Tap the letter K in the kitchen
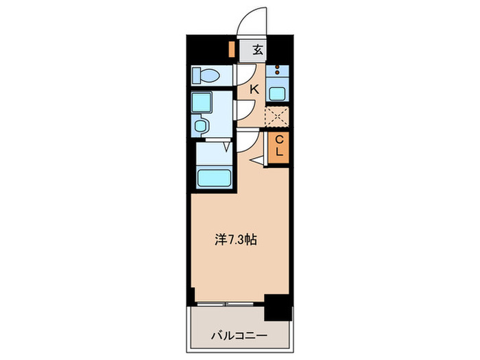[x=254, y=88]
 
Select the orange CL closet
[x=279, y=147]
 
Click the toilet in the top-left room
[x=205, y=74]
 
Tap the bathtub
[x=215, y=178]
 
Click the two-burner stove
[x=278, y=70]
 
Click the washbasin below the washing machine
[x=201, y=125]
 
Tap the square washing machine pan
[x=203, y=102]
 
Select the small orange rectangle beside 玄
[x=232, y=50]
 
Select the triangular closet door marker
[x=259, y=160]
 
